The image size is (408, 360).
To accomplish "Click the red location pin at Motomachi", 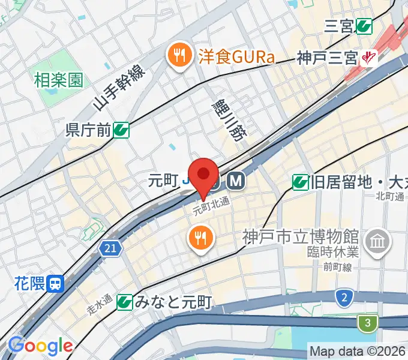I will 204,175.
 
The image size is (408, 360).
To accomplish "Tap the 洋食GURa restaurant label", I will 236,58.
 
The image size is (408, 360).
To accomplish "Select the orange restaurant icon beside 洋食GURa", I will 178,58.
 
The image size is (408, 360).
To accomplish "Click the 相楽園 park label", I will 59,79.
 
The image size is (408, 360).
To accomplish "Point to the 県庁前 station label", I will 89,129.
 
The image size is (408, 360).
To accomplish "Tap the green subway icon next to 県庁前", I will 122,129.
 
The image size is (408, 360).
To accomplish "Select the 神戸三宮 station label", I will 327,58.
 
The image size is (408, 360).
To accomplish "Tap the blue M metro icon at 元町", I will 234,180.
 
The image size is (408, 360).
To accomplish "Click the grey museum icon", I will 379,242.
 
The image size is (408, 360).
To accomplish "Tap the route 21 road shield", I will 110,248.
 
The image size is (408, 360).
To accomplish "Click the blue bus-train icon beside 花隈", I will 56,283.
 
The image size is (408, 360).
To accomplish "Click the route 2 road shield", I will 344,297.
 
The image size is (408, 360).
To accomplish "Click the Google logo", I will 40,346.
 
